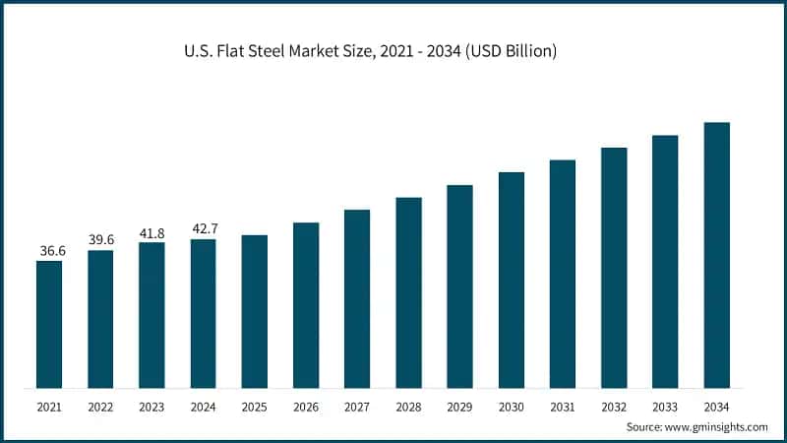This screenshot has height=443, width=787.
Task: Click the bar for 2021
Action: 49,324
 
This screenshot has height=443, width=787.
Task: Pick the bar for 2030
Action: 512,280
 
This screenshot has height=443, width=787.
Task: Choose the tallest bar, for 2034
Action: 717,255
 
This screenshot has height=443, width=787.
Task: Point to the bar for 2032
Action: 614,268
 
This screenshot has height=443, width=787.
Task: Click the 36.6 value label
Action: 52,251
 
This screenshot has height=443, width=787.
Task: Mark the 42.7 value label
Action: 205,228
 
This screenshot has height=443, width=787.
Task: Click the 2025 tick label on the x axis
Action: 255,406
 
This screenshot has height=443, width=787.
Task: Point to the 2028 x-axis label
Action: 408,406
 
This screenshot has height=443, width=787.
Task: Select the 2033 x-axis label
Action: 665,406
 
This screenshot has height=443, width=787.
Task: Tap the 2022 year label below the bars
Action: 100,406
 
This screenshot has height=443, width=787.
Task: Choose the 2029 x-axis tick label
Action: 459,406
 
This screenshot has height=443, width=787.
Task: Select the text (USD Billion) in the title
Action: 510,51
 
